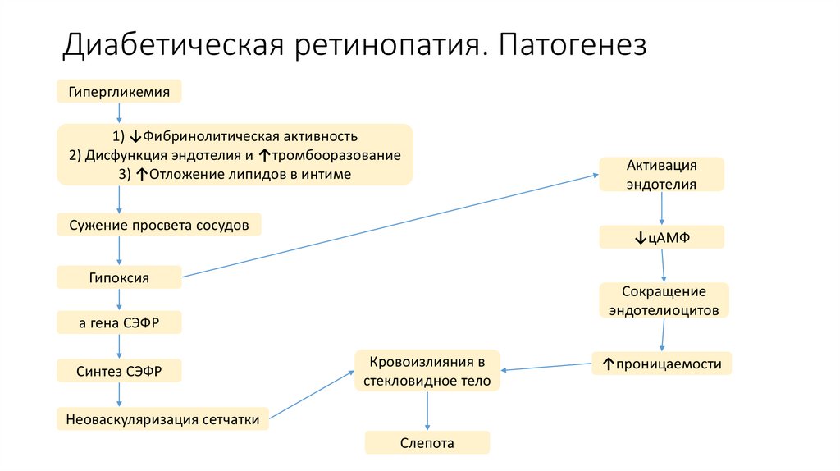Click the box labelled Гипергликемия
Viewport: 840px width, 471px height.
[119, 92]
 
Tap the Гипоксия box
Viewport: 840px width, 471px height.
[119, 277]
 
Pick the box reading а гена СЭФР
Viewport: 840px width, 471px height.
[119, 323]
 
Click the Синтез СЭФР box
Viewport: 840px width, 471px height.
[119, 371]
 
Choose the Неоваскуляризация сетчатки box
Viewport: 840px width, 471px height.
[162, 419]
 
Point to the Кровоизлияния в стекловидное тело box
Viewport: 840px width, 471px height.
[427, 371]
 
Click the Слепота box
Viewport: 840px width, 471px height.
[427, 443]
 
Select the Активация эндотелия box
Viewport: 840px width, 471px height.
[662, 174]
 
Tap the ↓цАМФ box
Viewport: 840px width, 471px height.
[662, 238]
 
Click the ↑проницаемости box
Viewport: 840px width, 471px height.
[662, 364]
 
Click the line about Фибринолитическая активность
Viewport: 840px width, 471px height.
[235, 136]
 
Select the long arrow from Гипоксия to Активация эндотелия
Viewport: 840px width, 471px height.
[390, 226]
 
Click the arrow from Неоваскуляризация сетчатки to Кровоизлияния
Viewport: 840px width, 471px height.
[312, 396]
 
